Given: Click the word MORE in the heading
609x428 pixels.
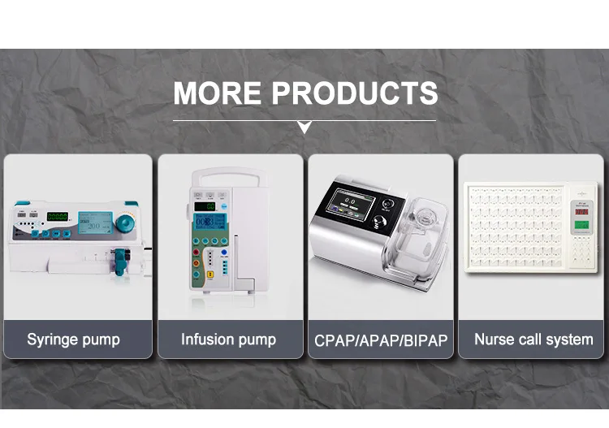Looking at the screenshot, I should (x=218, y=93).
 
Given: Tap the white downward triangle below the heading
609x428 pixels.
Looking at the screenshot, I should (x=304, y=127).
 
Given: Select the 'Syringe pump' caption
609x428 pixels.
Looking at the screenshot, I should (x=73, y=339).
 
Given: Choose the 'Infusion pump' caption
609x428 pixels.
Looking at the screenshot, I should (x=228, y=339).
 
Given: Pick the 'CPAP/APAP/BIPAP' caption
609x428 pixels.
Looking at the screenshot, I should (x=381, y=340).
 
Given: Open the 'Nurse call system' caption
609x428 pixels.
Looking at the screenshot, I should (x=533, y=339).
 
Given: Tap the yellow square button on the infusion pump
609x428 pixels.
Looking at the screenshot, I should (x=209, y=273).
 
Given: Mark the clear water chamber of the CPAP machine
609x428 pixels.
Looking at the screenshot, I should (x=421, y=236).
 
